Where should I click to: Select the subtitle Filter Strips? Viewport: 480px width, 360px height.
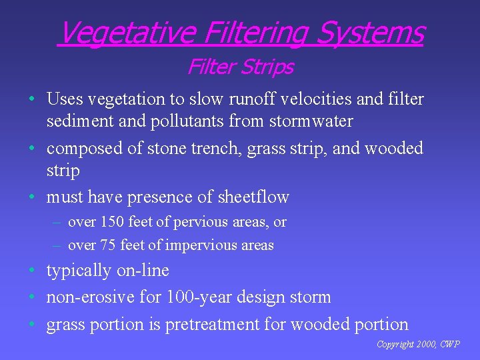[x=240, y=67]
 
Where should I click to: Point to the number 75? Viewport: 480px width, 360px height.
[x=108, y=245]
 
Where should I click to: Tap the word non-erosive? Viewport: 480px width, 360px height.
[x=85, y=297]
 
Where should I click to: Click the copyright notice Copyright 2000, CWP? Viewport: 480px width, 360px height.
[x=418, y=345]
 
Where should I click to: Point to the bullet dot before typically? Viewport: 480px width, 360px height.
[x=32, y=271]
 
